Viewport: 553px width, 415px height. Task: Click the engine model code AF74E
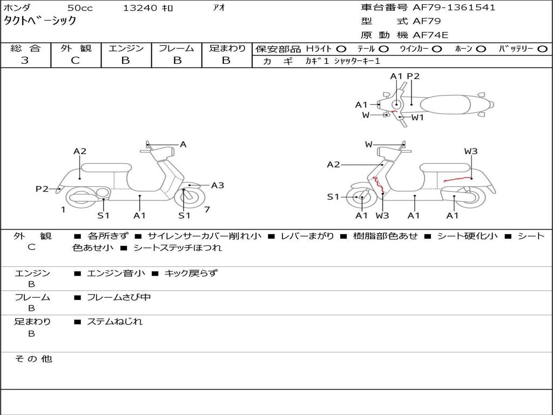coord(430,36)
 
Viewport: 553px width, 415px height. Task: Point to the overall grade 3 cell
coord(25,61)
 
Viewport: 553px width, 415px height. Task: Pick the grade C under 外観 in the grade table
coord(75,61)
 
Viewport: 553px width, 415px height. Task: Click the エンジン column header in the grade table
coord(126,48)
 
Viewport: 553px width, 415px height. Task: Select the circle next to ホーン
coord(481,49)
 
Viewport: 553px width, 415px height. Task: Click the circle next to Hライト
coord(341,49)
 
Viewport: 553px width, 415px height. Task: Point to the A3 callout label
coord(217,185)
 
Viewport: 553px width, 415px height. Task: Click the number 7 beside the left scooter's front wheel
coord(207,210)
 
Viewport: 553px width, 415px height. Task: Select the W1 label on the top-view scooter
coord(417,117)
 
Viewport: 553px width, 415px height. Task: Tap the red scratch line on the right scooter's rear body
coord(456,179)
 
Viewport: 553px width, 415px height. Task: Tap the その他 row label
coord(33,359)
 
